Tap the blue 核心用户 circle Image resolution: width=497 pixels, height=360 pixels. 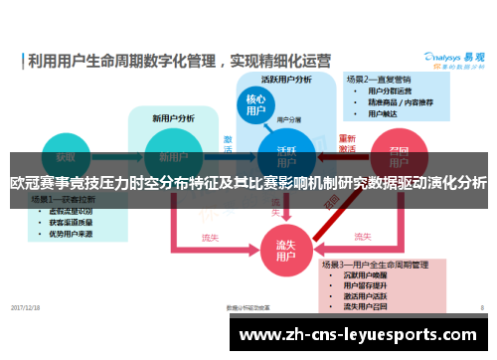255,104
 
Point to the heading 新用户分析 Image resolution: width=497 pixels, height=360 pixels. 168,116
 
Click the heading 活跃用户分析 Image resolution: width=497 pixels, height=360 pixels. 286,80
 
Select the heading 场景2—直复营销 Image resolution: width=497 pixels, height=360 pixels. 380,79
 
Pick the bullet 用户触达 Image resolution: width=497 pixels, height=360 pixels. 384,113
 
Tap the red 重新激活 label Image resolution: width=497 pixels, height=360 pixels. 347,143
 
